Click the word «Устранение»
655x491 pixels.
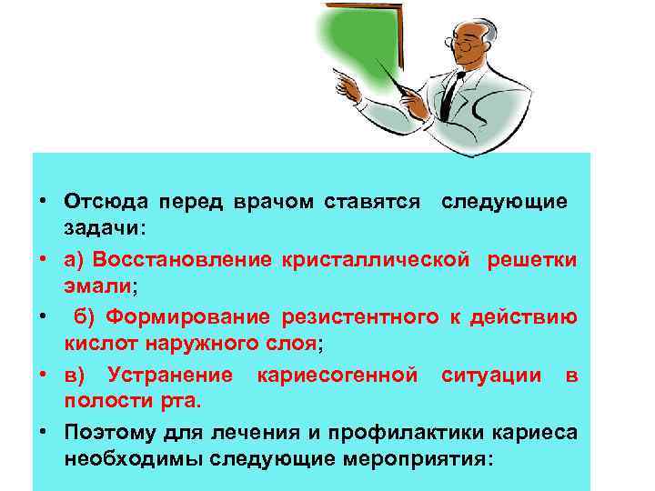pyautogui.click(x=169, y=376)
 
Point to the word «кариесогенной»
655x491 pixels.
pyautogui.click(x=338, y=376)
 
